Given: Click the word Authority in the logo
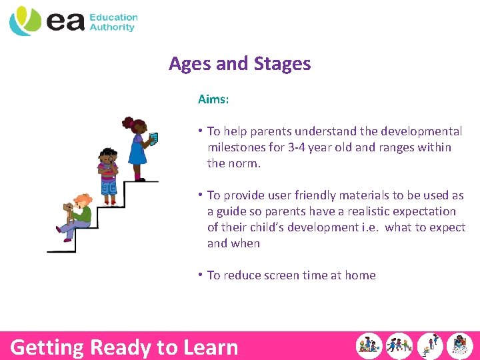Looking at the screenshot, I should point(112,27).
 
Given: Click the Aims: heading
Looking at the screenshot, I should point(213,99).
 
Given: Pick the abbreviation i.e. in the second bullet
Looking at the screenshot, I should point(369,227).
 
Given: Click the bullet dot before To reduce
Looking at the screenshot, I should point(201,275).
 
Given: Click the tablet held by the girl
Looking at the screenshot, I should point(153,139).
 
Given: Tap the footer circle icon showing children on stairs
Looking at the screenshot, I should point(430,346).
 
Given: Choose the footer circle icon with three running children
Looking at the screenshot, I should point(399,346).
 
